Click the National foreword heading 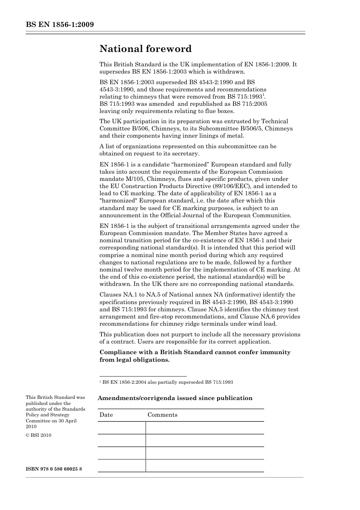(x=146, y=49)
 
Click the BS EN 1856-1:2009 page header (x=60, y=25)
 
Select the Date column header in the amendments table (x=106, y=415)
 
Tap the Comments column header (x=162, y=415)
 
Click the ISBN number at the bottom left (x=54, y=469)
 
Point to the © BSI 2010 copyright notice (x=38, y=435)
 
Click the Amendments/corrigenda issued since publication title (x=175, y=398)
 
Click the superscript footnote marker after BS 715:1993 (x=264, y=95)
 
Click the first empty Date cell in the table (x=122, y=428)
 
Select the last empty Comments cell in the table (x=205, y=466)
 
